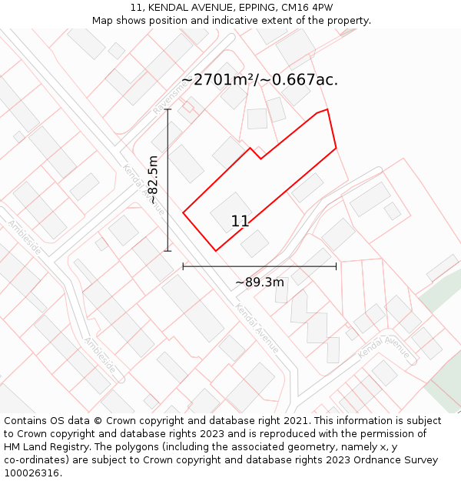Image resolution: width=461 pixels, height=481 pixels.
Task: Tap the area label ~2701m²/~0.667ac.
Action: tap(260, 79)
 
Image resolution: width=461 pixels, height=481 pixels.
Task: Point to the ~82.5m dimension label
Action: tap(153, 180)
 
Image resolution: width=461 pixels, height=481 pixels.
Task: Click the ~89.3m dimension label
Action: tap(260, 282)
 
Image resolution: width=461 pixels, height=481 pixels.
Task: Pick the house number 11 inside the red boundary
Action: tap(240, 221)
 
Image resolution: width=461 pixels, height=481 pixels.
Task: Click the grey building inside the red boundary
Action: tap(231, 209)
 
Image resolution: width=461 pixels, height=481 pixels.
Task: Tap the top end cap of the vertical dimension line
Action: tap(167, 110)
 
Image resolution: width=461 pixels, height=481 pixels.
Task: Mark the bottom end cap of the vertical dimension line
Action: tap(167, 250)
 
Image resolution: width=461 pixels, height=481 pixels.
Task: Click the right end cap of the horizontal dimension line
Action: tap(336, 266)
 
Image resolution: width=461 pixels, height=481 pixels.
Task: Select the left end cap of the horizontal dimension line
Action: tap(183, 266)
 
